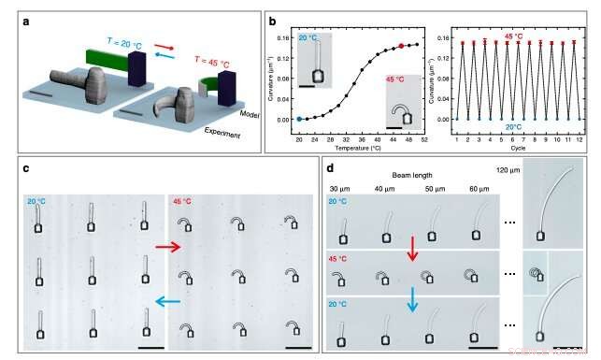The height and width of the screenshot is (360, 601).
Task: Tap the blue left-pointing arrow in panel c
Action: click(169, 301)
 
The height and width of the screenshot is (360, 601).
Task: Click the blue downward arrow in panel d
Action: click(411, 304)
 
